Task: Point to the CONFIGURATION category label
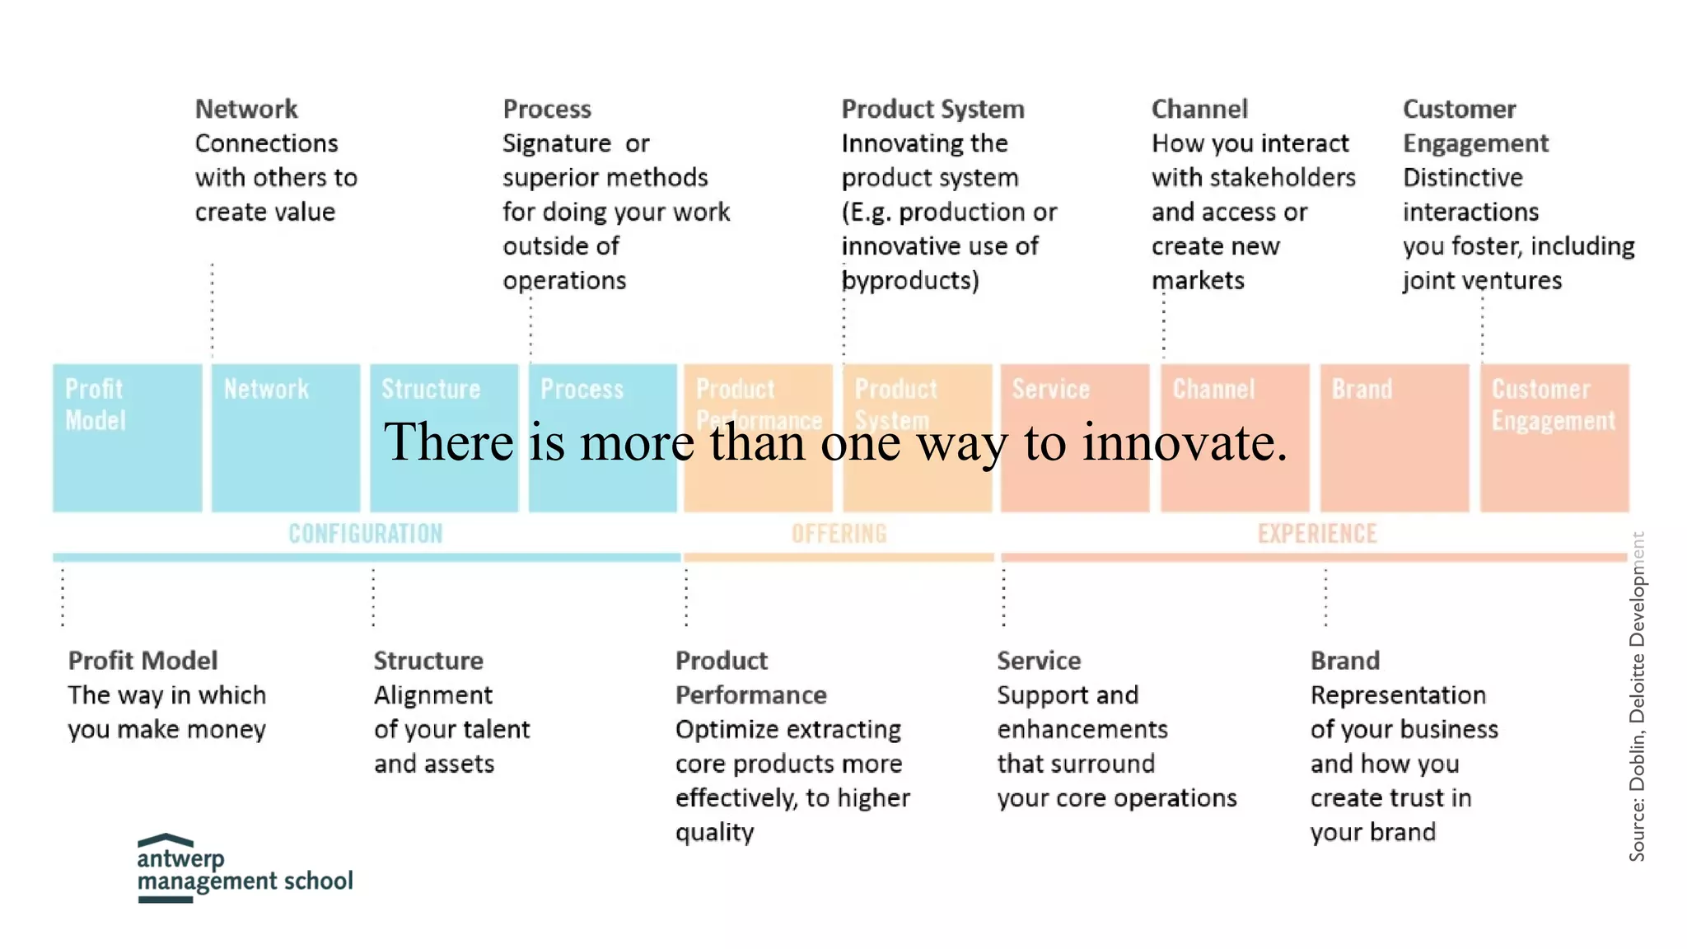tap(365, 534)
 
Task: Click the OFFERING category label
tap(839, 534)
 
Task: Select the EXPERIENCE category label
tap(1316, 534)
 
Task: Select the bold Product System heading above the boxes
tap(932, 109)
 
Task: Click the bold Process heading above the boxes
tap(547, 109)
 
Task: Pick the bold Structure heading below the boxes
tap(428, 661)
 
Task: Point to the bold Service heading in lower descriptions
tap(1039, 661)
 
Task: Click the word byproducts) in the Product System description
tap(910, 281)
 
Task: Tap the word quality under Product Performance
tap(714, 833)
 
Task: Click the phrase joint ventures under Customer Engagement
tap(1482, 281)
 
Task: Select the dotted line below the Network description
tap(213, 310)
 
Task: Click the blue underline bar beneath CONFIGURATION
tap(367, 558)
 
